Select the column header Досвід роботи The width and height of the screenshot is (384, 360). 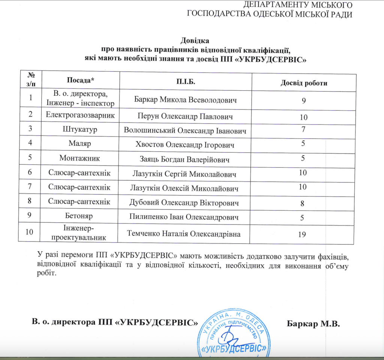(304, 83)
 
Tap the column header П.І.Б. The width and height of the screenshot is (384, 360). (186, 81)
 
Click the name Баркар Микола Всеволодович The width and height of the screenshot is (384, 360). (185, 100)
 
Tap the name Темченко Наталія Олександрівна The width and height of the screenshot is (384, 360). (184, 234)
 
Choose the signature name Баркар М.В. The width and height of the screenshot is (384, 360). (313, 323)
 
